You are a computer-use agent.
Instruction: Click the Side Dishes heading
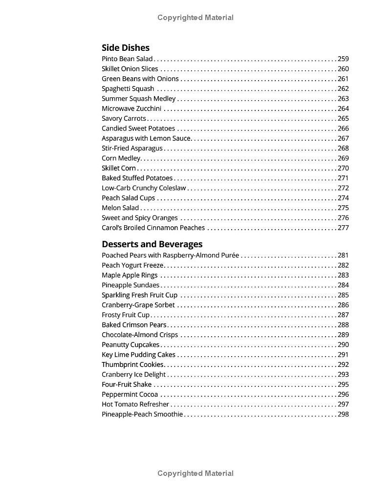[125, 47]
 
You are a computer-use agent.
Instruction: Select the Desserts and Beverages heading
[152, 244]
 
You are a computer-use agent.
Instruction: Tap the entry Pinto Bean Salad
[127, 59]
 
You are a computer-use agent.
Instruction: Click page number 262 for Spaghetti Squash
[343, 89]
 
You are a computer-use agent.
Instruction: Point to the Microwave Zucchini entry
[131, 109]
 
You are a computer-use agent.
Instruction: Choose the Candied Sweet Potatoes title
[138, 128]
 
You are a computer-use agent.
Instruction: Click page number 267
[343, 139]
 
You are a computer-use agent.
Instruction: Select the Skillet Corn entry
[119, 169]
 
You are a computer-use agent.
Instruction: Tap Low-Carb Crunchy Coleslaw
[144, 188]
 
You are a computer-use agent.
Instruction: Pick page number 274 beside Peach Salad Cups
[343, 198]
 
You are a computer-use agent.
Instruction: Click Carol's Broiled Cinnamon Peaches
[153, 228]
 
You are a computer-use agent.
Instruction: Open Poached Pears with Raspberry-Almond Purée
[170, 256]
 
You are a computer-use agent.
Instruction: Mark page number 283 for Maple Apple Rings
[343, 276]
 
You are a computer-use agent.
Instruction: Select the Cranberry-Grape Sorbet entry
[138, 305]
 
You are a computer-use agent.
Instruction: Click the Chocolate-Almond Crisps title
[140, 335]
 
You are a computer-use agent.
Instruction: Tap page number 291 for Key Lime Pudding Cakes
[343, 355]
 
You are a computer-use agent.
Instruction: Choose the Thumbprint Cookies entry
[132, 365]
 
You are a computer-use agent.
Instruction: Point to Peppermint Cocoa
[130, 395]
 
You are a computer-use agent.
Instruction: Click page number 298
[343, 415]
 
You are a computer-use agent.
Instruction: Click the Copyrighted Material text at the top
[195, 18]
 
